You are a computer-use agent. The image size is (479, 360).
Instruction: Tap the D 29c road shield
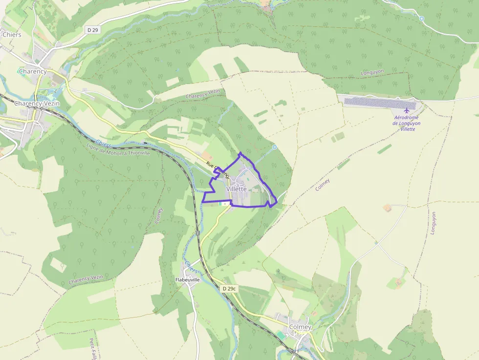[x=229, y=289]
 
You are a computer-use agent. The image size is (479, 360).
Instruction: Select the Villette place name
[x=237, y=189]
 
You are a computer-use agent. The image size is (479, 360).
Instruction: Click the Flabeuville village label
[x=188, y=280]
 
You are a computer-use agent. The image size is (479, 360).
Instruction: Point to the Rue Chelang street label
[x=218, y=169]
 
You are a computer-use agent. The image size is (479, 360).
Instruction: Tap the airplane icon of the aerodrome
[x=406, y=110]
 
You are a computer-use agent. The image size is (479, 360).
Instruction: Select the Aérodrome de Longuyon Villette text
[x=407, y=123]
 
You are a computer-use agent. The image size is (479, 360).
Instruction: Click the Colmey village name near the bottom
[x=300, y=327]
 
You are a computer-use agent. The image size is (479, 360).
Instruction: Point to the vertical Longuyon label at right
[x=433, y=223]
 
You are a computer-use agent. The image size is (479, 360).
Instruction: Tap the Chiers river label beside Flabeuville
[x=191, y=267]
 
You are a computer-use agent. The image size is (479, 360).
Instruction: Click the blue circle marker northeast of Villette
[x=274, y=147]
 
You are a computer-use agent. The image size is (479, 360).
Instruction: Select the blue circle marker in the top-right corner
[x=422, y=19]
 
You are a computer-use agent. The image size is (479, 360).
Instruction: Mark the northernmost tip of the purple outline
[x=240, y=153]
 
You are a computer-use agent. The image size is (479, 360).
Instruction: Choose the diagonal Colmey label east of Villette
[x=323, y=185]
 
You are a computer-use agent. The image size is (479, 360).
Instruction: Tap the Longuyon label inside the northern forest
[x=372, y=72]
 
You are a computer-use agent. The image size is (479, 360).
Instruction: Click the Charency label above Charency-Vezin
[x=33, y=71]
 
